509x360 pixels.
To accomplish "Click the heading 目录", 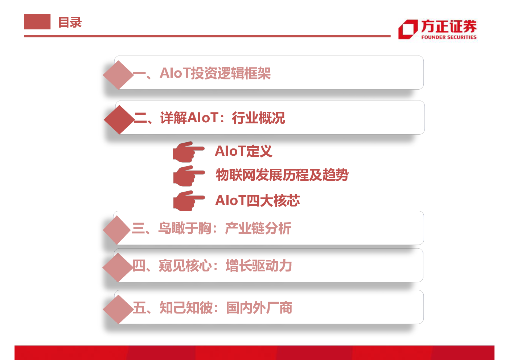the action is (70, 22).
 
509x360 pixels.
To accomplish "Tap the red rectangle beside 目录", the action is (37, 22).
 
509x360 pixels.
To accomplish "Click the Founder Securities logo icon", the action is (408, 29).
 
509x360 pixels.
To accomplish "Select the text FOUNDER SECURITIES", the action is (449, 37).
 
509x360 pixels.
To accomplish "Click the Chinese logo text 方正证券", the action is (449, 26).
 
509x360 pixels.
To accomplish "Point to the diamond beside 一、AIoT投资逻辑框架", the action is (118, 75).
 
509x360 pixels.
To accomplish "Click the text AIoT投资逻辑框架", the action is (215, 73).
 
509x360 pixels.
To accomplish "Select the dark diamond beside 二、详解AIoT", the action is (119, 119).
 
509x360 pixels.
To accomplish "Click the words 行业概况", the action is (258, 118).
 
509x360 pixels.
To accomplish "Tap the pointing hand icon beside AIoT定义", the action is (189, 152).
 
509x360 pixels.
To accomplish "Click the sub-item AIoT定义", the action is (243, 151).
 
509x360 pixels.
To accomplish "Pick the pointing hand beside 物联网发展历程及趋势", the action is (189, 176).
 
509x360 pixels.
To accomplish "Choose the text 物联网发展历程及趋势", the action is (282, 175).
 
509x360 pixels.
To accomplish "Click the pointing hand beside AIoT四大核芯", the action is (189, 200).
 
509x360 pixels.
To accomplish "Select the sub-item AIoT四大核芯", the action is (258, 200).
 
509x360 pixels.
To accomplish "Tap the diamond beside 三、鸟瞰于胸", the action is (117, 230).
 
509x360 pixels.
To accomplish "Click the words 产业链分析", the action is (258, 228).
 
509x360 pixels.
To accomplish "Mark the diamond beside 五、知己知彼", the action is (118, 309).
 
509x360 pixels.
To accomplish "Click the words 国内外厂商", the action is (259, 308).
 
